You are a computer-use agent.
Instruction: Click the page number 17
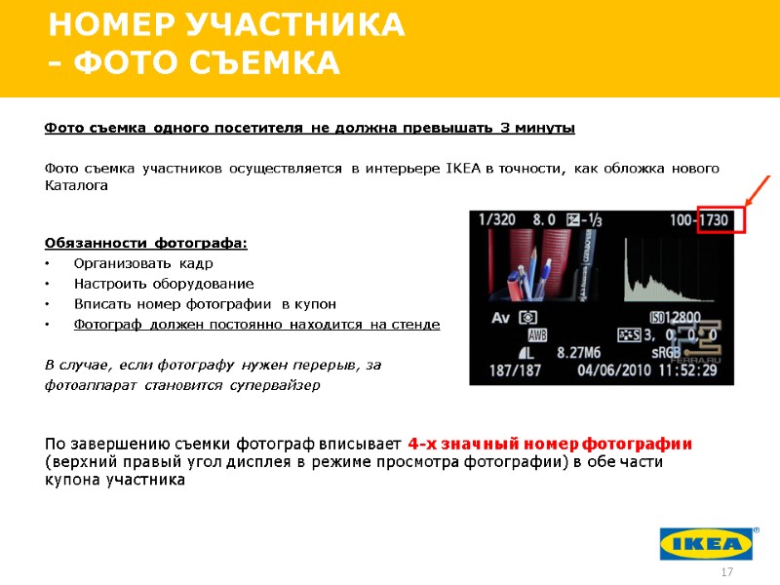point(725,570)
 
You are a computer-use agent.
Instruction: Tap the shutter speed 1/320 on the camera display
point(498,220)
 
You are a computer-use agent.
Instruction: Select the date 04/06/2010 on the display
point(614,370)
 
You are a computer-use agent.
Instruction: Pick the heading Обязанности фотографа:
point(146,243)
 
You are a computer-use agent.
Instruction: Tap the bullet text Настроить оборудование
point(164,284)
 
